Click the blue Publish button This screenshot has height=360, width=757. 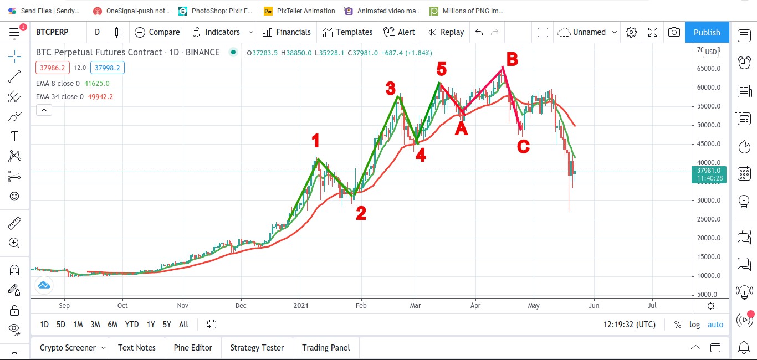pyautogui.click(x=707, y=32)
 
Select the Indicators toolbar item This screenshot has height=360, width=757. pyautogui.click(x=216, y=32)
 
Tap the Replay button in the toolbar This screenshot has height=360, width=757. pyautogui.click(x=446, y=32)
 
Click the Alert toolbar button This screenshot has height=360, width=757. pyautogui.click(x=399, y=32)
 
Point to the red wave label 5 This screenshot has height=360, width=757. pyautogui.click(x=441, y=69)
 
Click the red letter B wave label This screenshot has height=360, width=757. pyautogui.click(x=512, y=59)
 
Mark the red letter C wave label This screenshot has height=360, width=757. pyautogui.click(x=523, y=147)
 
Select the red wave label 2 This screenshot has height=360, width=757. pyautogui.click(x=361, y=213)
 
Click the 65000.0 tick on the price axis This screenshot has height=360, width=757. pyautogui.click(x=708, y=69)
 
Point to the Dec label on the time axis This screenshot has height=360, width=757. pyautogui.click(x=241, y=306)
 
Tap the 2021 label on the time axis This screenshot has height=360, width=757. pyautogui.click(x=301, y=306)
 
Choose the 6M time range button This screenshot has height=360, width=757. pyautogui.click(x=112, y=325)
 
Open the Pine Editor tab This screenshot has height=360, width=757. pyautogui.click(x=193, y=347)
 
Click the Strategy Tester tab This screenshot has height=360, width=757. pyautogui.click(x=257, y=347)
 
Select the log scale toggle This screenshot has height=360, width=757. pyautogui.click(x=694, y=325)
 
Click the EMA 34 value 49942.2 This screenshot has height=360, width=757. pyautogui.click(x=100, y=97)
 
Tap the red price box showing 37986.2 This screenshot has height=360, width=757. pyautogui.click(x=53, y=68)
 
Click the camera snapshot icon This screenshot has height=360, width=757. pyautogui.click(x=674, y=32)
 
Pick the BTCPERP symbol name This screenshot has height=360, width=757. pyautogui.click(x=52, y=32)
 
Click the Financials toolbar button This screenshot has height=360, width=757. pyautogui.click(x=287, y=32)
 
